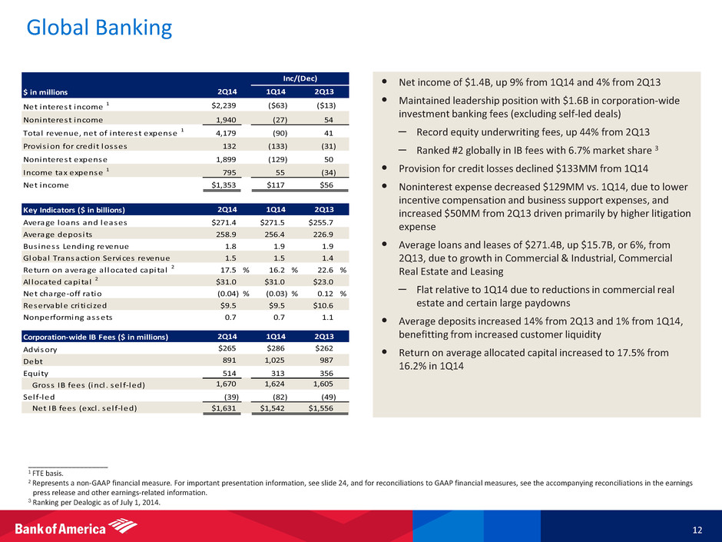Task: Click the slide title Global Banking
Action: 98,29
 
